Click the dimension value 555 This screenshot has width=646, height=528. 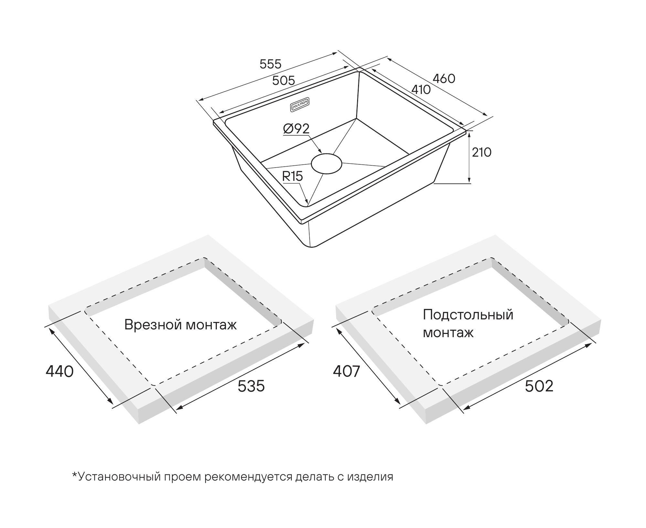tap(270, 64)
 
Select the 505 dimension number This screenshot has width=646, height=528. tap(283, 80)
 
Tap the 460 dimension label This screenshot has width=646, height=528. tap(444, 78)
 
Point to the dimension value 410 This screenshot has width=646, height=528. tap(421, 89)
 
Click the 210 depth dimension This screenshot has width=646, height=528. tap(482, 152)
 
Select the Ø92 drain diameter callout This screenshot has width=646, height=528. tap(296, 129)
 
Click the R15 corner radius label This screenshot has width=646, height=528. tap(292, 176)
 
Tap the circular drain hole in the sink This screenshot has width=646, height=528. tap(326, 163)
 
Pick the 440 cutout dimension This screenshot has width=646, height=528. tap(60, 371)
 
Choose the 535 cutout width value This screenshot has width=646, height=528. tap(251, 386)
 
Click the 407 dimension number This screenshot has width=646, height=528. tap(346, 371)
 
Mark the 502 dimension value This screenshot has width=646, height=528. tap(539, 386)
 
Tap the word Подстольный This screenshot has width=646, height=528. tap(468, 314)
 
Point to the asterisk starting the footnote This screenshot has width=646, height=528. tap(75, 475)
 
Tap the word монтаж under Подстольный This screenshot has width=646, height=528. tap(448, 333)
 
